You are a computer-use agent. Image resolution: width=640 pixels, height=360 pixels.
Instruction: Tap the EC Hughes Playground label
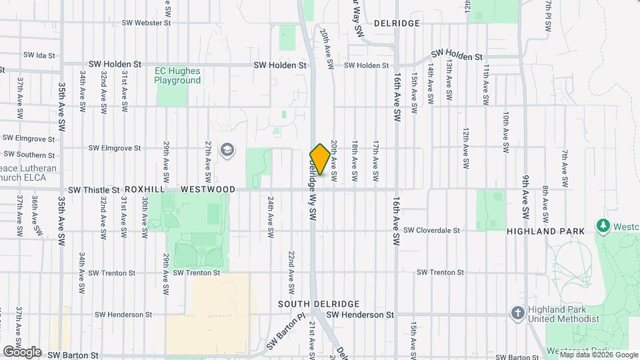pyautogui.click(x=177, y=75)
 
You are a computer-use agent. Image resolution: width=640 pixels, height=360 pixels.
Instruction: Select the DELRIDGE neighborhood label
pyautogui.click(x=397, y=23)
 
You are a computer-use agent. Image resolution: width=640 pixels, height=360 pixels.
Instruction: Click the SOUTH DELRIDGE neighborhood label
pyautogui.click(x=319, y=303)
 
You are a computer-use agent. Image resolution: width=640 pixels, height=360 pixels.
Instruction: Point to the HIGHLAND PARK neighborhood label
pyautogui.click(x=545, y=231)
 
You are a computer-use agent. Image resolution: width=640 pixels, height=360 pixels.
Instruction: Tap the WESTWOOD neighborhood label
pyautogui.click(x=208, y=189)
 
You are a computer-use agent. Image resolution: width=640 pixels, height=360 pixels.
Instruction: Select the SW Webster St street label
pyautogui.click(x=147, y=23)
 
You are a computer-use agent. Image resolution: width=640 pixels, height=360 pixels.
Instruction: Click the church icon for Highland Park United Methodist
pyautogui.click(x=517, y=312)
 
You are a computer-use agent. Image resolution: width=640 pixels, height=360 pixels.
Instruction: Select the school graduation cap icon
pyautogui.click(x=227, y=149)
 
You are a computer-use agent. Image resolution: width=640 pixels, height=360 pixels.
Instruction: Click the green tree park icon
pyautogui.click(x=604, y=226)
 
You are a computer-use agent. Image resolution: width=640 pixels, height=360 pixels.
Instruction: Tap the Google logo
pyautogui.click(x=22, y=351)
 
